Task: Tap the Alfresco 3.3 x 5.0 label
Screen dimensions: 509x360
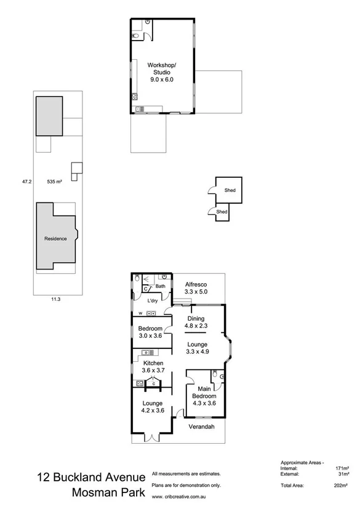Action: point(198,289)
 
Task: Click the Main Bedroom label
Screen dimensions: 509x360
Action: point(203,396)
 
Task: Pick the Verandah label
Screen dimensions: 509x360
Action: point(201,427)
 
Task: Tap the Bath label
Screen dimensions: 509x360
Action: point(161,286)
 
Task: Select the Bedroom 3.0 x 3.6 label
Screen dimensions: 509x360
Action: point(150,332)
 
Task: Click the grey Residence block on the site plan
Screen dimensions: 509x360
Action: point(55,238)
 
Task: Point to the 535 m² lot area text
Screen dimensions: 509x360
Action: point(55,182)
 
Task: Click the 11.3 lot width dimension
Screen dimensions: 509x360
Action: point(55,299)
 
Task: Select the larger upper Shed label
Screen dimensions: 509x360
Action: point(230,190)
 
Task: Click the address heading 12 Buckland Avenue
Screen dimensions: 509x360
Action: point(91,477)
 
